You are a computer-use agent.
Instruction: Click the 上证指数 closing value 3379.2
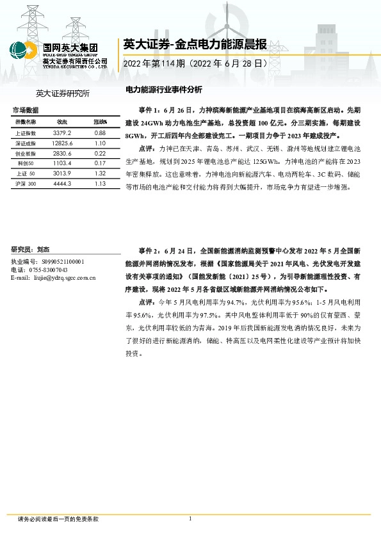pyautogui.click(x=62, y=133)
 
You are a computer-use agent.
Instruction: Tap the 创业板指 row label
pyautogui.click(x=26, y=154)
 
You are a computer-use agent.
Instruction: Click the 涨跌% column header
pyautogui.click(x=100, y=121)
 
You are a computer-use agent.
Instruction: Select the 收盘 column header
pyautogui.click(x=62, y=121)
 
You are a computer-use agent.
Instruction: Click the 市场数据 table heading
pyautogui.click(x=26, y=111)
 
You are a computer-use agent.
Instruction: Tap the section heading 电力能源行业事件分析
pyautogui.click(x=165, y=90)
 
